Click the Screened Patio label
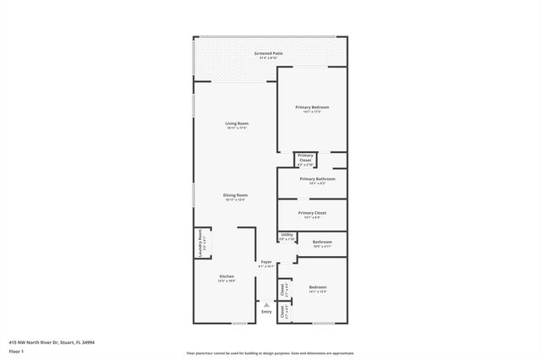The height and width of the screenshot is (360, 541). point(269,53)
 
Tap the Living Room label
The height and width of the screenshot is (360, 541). point(236,124)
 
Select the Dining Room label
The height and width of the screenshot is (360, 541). point(235,195)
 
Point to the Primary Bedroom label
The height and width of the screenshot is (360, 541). point(312,107)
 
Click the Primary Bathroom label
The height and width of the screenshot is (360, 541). point(318,179)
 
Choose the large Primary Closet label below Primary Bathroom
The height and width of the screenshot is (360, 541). point(313,213)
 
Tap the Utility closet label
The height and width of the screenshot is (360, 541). point(287,236)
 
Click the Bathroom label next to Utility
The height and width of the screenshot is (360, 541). point(322,242)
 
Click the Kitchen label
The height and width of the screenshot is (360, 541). point(227,276)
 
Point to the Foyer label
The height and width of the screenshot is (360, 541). point(266,262)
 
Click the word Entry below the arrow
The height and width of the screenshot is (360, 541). point(266,312)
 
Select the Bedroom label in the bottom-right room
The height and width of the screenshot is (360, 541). point(317,288)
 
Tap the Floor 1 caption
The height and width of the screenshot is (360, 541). point(16,350)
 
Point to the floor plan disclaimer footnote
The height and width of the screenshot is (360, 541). point(270,352)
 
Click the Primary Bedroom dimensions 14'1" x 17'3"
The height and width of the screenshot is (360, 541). point(312,112)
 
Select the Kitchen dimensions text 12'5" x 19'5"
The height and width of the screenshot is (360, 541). point(227,281)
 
